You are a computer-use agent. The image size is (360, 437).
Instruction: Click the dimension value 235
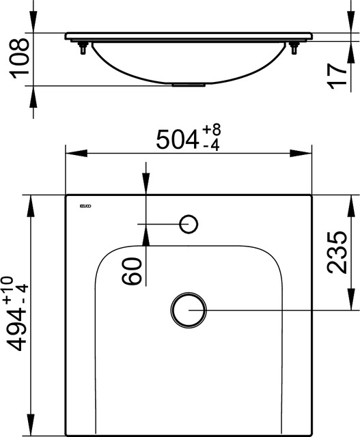(x=337, y=253)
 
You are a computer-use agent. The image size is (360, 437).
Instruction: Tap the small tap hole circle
(x=189, y=223)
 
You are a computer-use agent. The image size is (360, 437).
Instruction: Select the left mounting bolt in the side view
(x=84, y=48)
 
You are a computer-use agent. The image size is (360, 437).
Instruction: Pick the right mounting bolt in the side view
(x=294, y=48)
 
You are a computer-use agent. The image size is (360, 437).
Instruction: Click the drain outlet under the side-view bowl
(x=189, y=85)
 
